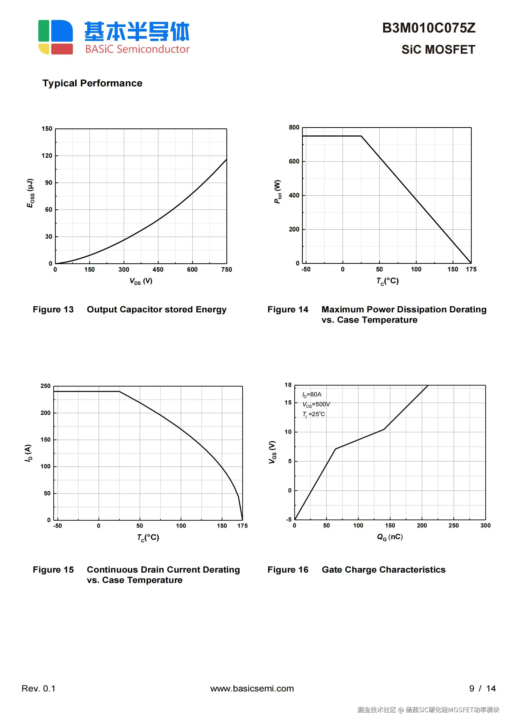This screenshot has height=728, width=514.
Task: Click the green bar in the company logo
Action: [44, 31]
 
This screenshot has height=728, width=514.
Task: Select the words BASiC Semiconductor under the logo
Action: [137, 49]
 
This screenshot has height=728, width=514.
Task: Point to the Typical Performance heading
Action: [92, 83]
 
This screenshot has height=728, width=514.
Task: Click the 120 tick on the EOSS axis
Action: [47, 156]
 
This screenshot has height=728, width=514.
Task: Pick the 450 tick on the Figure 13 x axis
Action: [158, 270]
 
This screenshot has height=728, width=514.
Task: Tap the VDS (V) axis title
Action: [141, 281]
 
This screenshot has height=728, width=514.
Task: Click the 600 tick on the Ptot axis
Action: [294, 161]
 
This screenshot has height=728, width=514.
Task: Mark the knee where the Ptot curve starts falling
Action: [361, 136]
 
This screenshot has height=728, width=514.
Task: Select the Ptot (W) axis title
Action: [277, 191]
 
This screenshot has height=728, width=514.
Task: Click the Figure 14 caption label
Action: [288, 310]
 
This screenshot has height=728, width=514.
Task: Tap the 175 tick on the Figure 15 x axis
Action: [242, 526]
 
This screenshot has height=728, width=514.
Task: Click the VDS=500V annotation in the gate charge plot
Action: [316, 404]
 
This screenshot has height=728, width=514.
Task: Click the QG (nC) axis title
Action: [390, 537]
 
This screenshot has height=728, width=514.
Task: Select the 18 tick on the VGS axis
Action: [288, 385]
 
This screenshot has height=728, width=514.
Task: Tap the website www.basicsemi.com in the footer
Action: [252, 688]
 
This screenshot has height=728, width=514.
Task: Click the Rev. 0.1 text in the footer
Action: [38, 688]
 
